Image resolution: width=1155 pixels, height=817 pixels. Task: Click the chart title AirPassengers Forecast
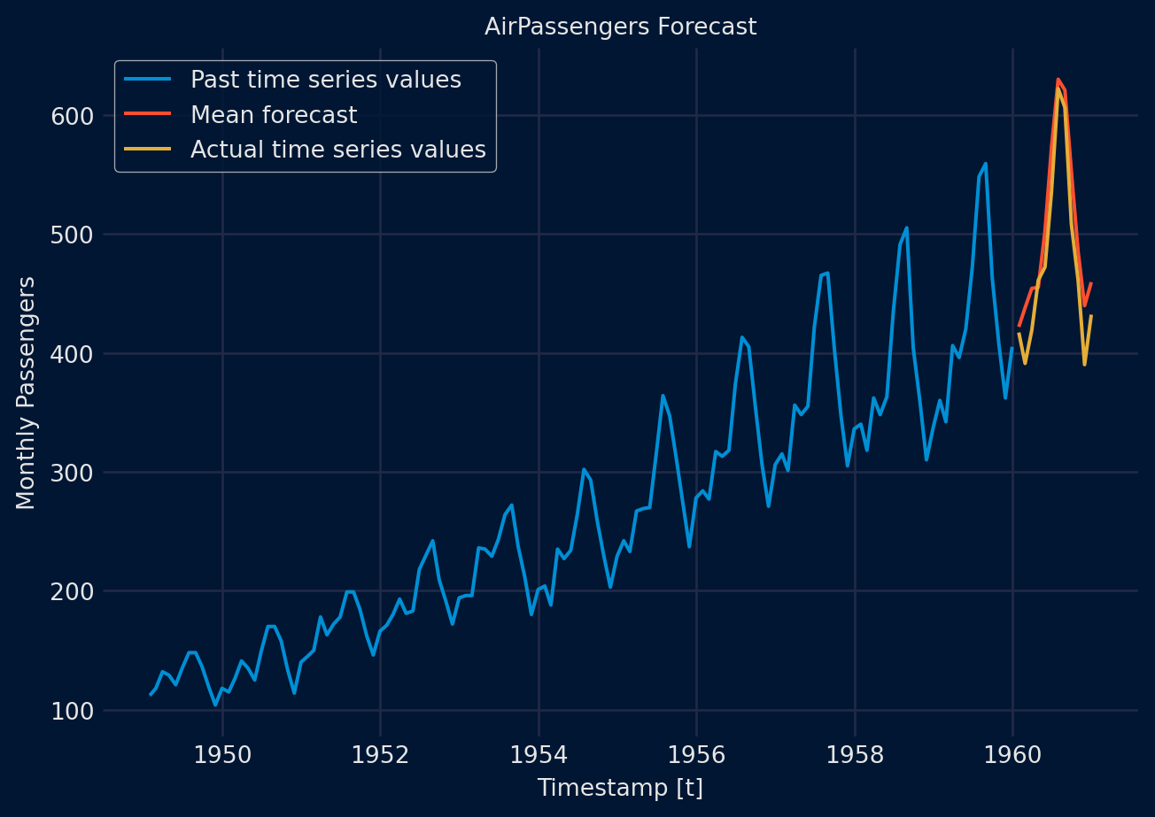tap(620, 27)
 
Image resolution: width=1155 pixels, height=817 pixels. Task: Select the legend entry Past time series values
tap(325, 80)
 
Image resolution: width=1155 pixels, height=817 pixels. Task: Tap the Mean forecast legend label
tap(274, 115)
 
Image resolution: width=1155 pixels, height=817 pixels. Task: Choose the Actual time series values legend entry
tap(338, 150)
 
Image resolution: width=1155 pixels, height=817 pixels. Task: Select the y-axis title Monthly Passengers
tap(27, 392)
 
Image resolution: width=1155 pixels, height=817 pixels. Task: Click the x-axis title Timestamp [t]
tap(620, 788)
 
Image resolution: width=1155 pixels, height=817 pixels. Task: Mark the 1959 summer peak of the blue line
tap(985, 164)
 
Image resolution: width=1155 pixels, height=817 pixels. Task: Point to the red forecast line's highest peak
tap(1058, 80)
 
